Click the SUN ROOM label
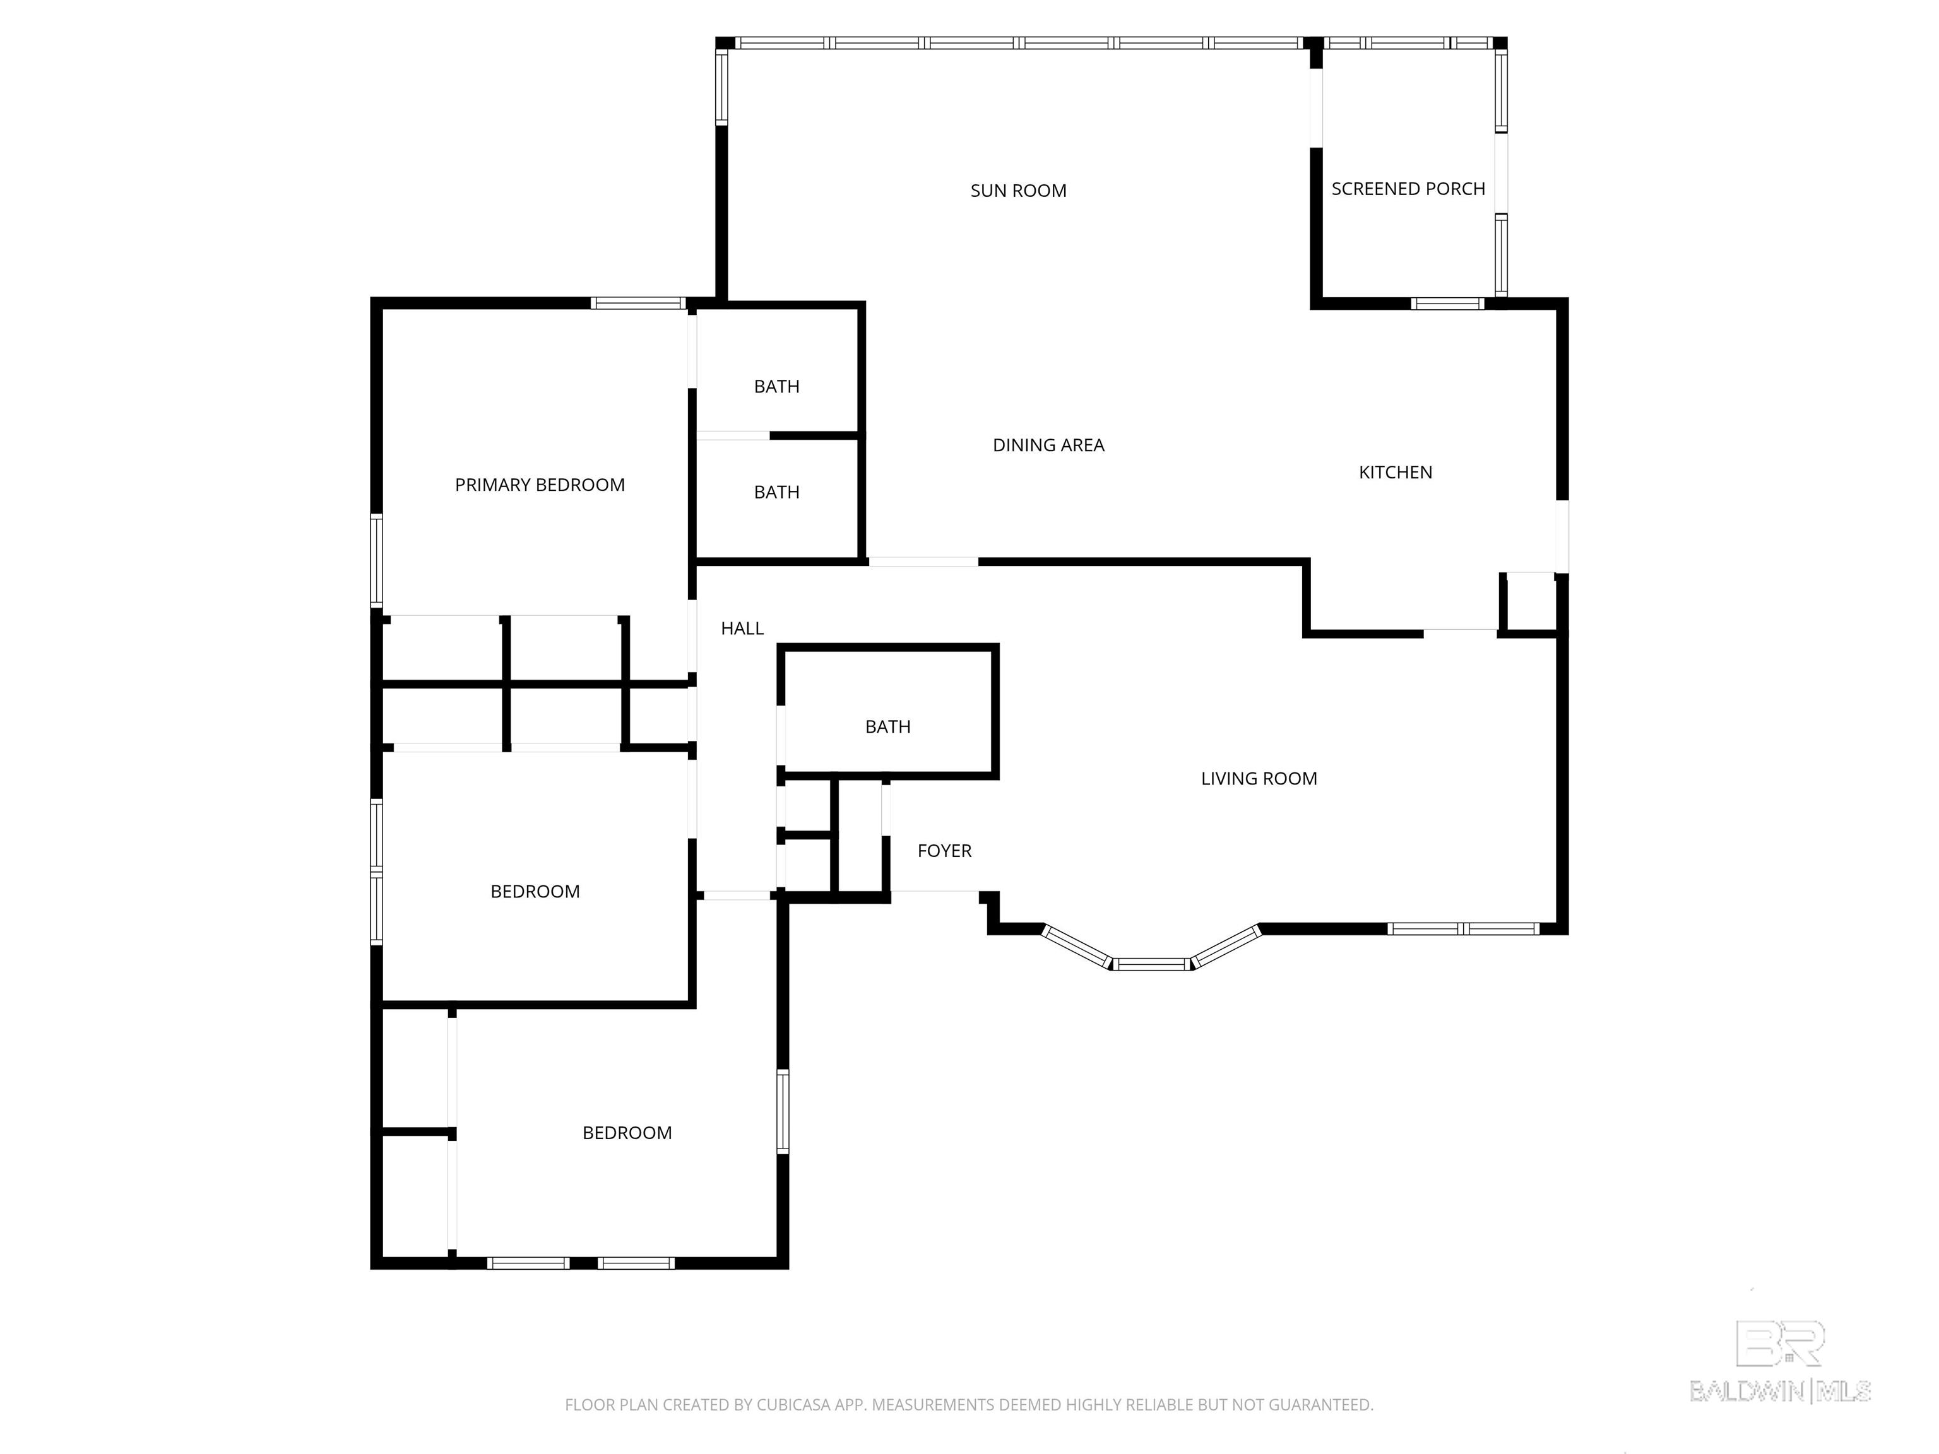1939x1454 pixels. click(x=1017, y=191)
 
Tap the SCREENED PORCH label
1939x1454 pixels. click(x=1408, y=189)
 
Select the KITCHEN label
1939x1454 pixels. click(x=1395, y=473)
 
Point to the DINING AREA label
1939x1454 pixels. click(x=1048, y=446)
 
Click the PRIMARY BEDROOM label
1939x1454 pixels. click(x=539, y=485)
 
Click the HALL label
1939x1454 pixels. click(x=742, y=629)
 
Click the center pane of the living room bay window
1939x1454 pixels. click(x=1152, y=965)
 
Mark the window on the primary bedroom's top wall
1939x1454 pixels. click(x=637, y=304)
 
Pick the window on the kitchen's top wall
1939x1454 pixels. click(x=1447, y=304)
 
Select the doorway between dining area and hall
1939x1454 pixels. click(x=922, y=562)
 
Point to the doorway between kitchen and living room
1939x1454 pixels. click(x=1459, y=632)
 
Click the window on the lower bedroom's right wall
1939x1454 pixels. click(x=783, y=1111)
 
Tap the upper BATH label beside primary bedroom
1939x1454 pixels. click(x=776, y=386)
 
